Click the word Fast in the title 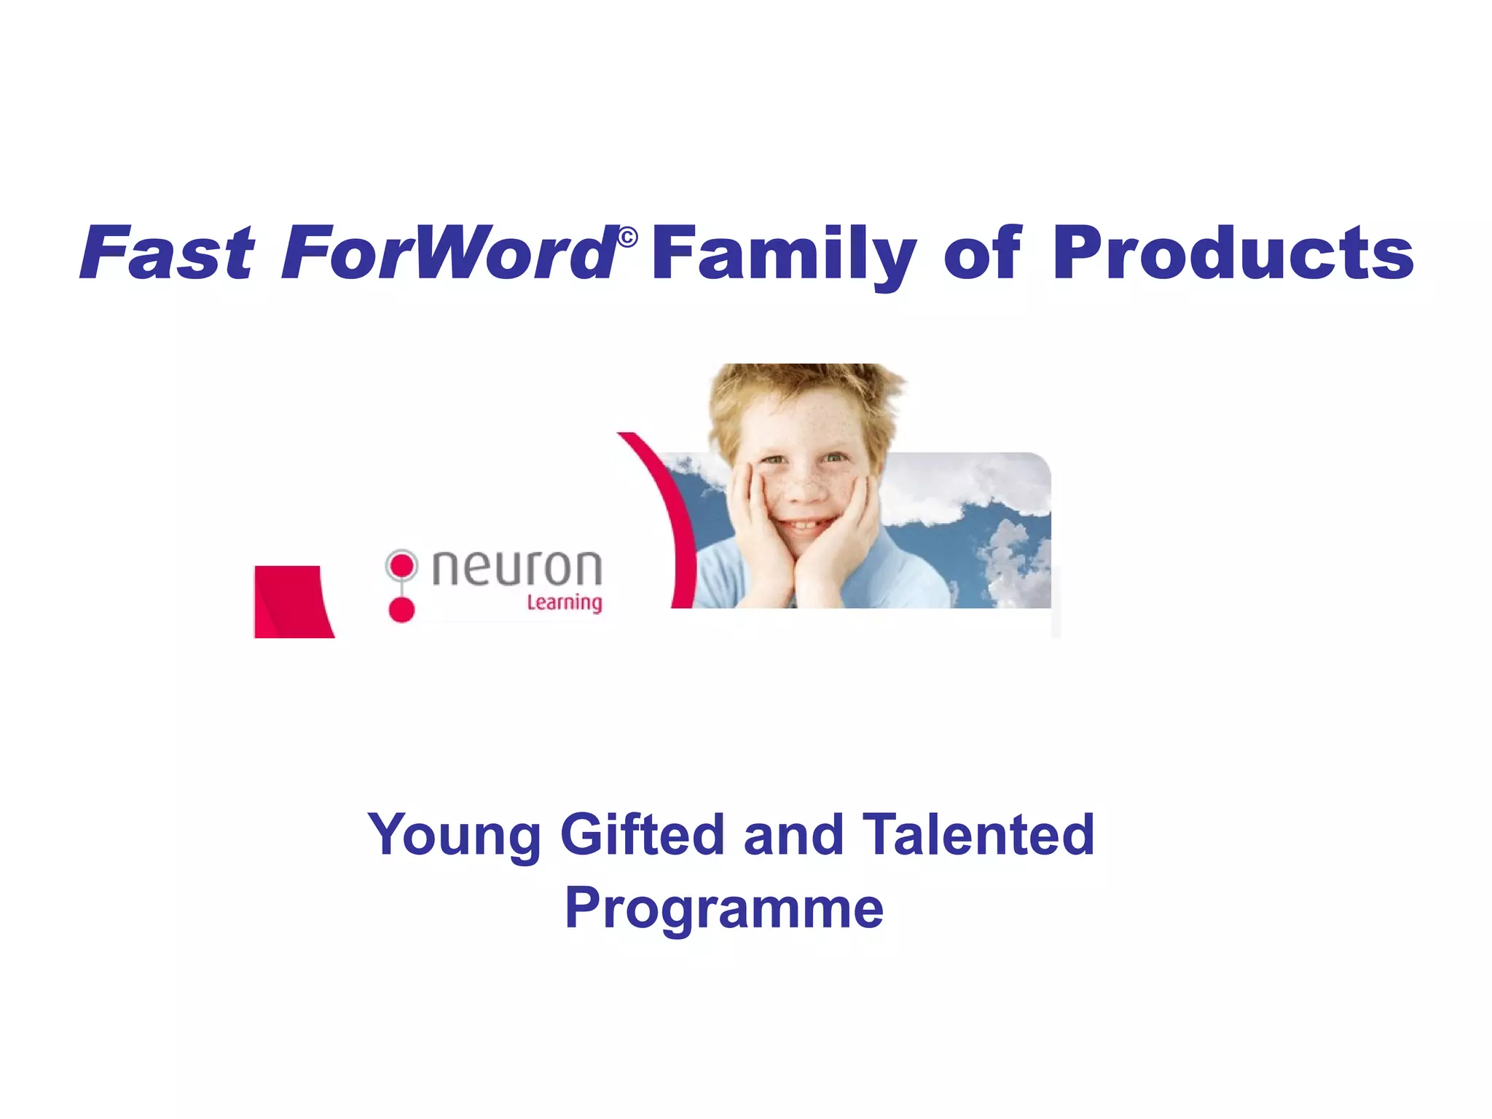(x=168, y=253)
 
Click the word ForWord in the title (x=448, y=253)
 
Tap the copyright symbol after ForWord (x=627, y=237)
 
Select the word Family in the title (x=783, y=253)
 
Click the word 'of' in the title (x=983, y=253)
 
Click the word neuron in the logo (x=517, y=568)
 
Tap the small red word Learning (x=565, y=602)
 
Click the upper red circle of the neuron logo (x=401, y=565)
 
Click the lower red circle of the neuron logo (x=401, y=609)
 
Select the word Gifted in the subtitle (x=642, y=835)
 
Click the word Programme (x=724, y=908)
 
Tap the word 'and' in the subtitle (x=793, y=835)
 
